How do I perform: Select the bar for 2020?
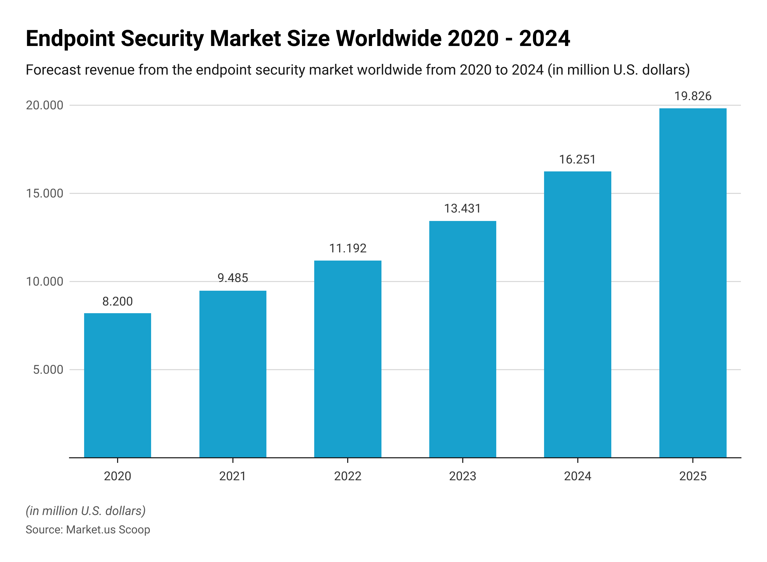pyautogui.click(x=117, y=385)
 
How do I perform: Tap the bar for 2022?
pyautogui.click(x=348, y=359)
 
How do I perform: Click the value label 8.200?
pyautogui.click(x=117, y=301)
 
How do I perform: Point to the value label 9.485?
pyautogui.click(x=233, y=278)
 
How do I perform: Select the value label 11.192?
pyautogui.click(x=348, y=248)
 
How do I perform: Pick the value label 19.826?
pyautogui.click(x=693, y=96)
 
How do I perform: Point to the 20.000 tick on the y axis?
pyautogui.click(x=44, y=106)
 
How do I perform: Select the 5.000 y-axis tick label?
pyautogui.click(x=48, y=369)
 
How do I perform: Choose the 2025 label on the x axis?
pyautogui.click(x=693, y=476)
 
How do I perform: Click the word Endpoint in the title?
pyautogui.click(x=71, y=38)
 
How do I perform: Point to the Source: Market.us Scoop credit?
pyautogui.click(x=88, y=530)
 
